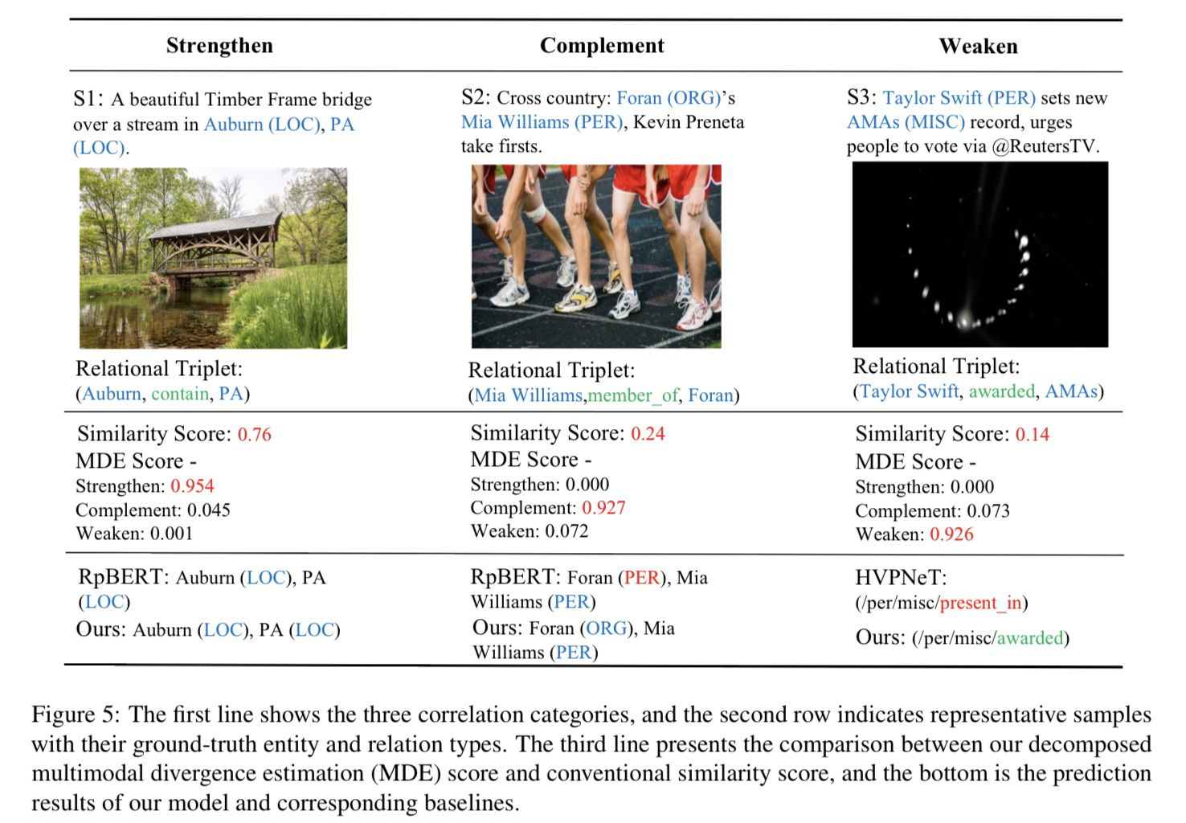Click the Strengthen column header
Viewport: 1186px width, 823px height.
coord(219,46)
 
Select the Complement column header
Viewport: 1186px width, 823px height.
coord(602,46)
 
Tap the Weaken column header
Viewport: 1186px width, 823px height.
coord(978,47)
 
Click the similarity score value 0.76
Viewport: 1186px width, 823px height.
coord(255,435)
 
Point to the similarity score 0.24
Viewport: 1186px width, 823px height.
coord(648,434)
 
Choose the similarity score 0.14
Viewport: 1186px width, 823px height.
coord(1033,435)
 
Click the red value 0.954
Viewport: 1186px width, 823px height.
coord(192,486)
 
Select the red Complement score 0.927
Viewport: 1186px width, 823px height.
coord(603,508)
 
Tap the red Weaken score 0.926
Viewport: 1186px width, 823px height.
coord(951,534)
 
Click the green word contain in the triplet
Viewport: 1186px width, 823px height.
coord(180,394)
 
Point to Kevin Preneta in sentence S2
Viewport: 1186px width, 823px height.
coord(689,122)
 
